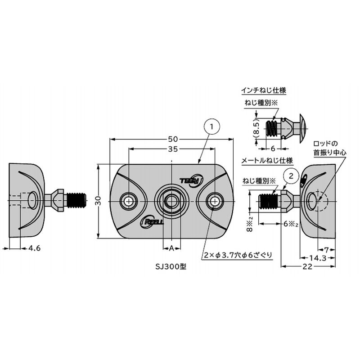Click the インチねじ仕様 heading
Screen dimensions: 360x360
(x=263, y=90)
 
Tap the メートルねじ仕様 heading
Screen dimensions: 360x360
(x=267, y=160)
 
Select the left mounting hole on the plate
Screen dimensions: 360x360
(x=129, y=200)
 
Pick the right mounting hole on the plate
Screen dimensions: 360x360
(x=214, y=200)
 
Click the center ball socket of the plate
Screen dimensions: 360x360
(x=171, y=200)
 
